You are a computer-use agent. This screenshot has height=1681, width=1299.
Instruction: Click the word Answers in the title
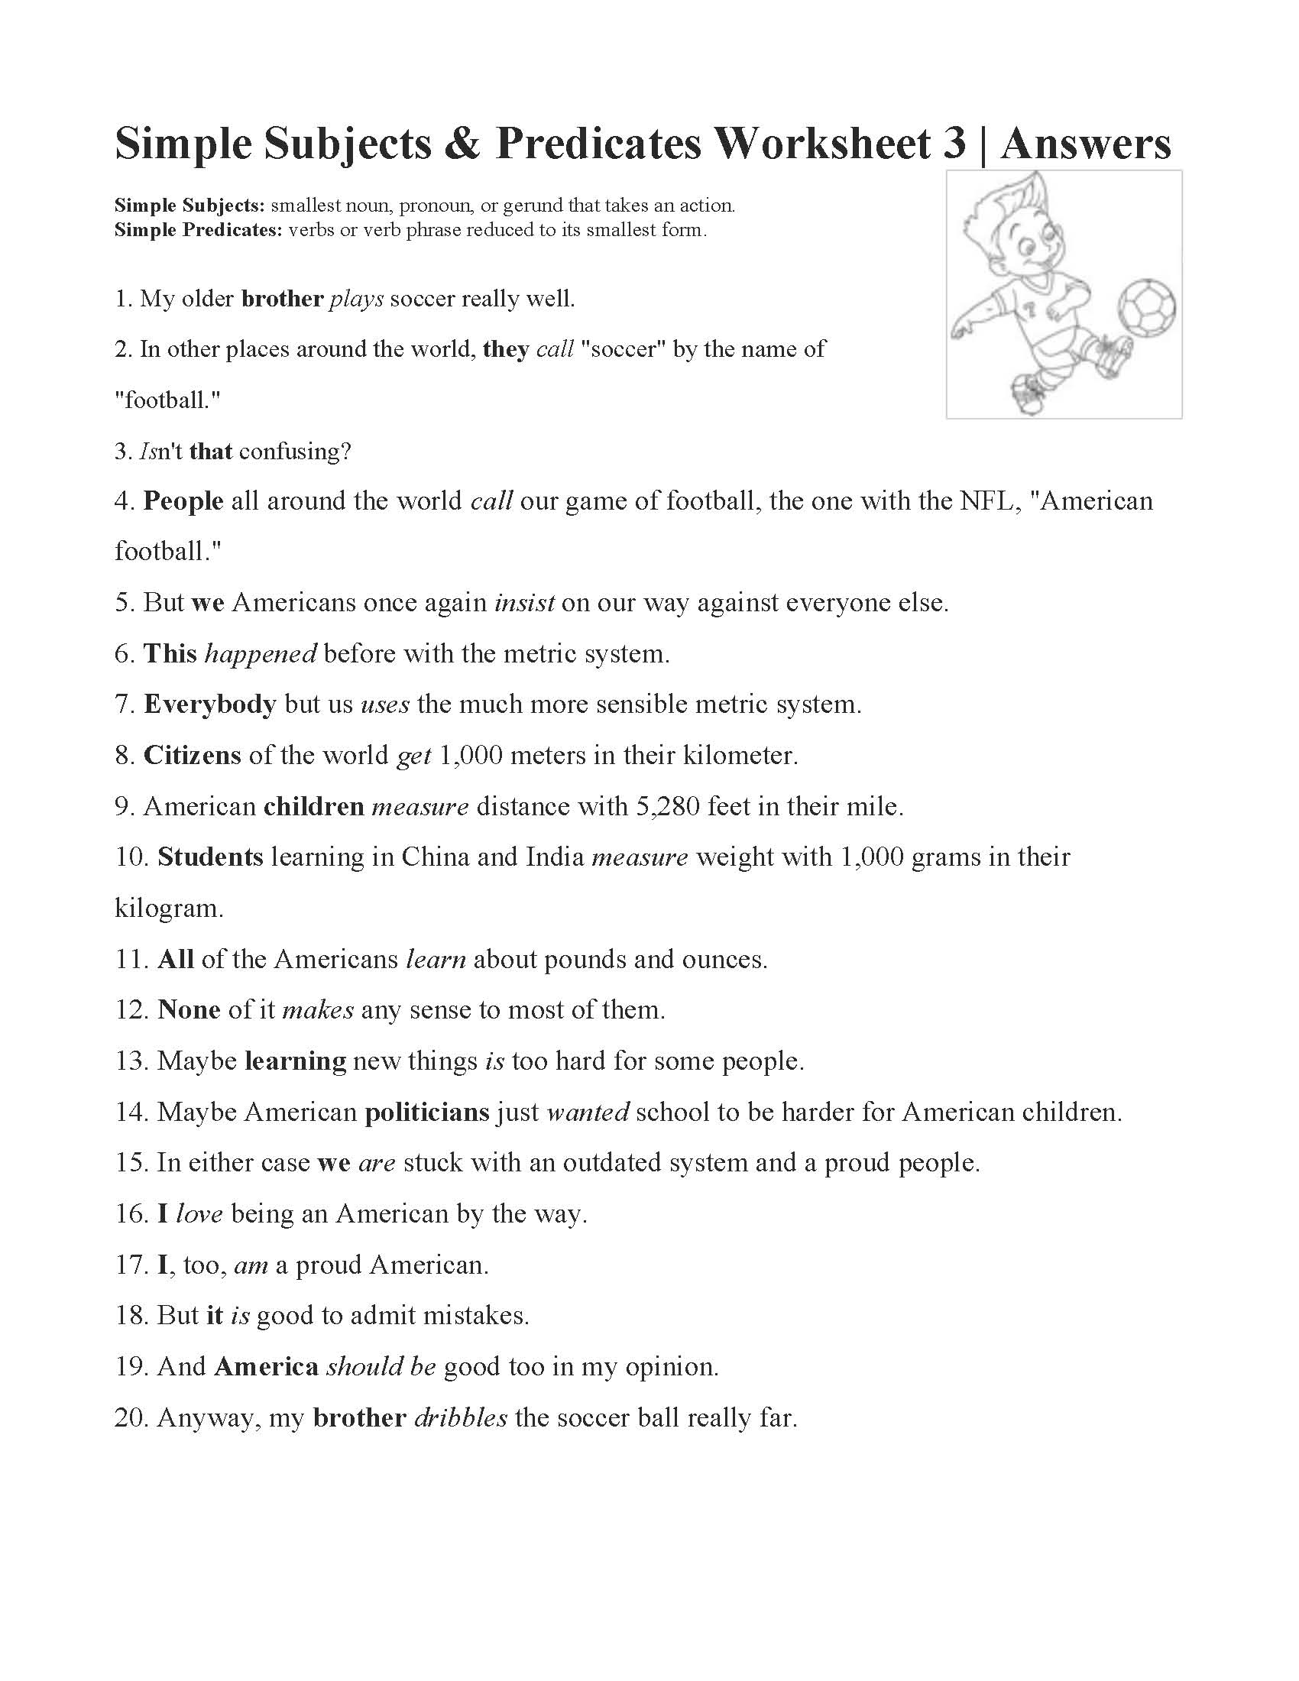(1086, 144)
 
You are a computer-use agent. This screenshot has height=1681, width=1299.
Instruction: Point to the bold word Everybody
(209, 704)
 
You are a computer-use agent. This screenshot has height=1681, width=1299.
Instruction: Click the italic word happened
(260, 653)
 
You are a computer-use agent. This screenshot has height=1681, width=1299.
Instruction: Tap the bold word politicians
(427, 1112)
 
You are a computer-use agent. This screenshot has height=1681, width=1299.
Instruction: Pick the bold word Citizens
(193, 755)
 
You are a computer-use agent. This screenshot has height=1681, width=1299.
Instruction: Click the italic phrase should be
(382, 1366)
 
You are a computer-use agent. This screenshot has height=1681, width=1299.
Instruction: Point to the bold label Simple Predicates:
(199, 229)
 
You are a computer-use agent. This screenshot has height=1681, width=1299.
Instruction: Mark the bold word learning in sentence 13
(296, 1061)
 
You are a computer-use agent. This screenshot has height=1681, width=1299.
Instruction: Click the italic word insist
(524, 603)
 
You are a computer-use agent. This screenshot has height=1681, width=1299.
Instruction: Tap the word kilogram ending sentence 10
(169, 909)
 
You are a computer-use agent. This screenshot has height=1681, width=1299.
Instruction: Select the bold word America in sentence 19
(266, 1366)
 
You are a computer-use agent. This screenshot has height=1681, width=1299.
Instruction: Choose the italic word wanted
(588, 1112)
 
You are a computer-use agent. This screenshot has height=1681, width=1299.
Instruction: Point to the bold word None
(189, 1010)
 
